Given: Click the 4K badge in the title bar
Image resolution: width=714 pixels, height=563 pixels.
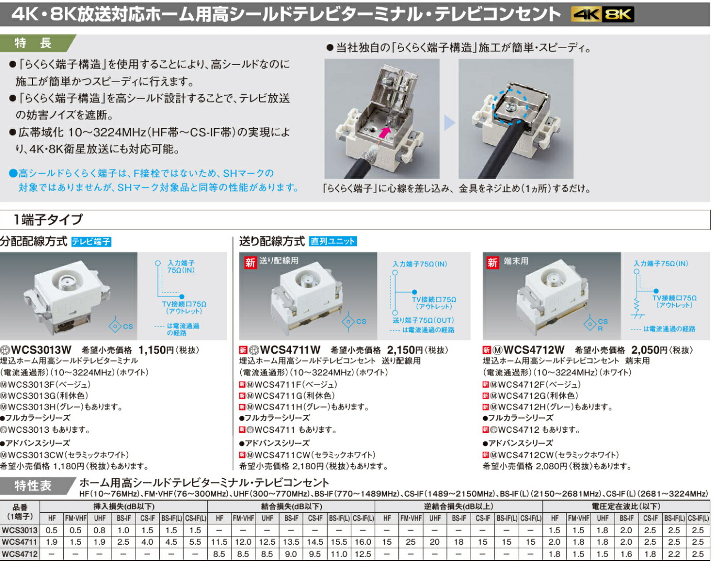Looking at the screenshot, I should click(x=586, y=15).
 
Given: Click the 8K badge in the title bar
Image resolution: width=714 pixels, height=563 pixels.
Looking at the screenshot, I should click(x=618, y=15).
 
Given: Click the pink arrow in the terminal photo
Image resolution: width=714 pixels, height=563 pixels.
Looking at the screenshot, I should click(x=385, y=132).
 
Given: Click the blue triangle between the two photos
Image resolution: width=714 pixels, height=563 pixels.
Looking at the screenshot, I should click(x=449, y=123).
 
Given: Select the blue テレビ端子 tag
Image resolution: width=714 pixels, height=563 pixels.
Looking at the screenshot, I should click(x=91, y=242).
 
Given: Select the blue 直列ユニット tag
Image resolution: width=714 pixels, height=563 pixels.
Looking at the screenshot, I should click(x=332, y=241).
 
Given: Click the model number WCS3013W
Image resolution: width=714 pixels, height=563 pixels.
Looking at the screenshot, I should click(x=41, y=350).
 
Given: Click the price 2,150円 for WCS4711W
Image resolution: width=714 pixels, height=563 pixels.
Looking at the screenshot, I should click(x=404, y=350).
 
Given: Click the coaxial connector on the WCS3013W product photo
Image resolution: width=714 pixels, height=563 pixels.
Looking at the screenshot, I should click(x=68, y=283).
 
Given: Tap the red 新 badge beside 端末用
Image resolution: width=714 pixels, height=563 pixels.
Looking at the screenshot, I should click(x=492, y=262).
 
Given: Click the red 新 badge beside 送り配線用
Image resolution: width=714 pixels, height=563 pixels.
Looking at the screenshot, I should click(x=250, y=262).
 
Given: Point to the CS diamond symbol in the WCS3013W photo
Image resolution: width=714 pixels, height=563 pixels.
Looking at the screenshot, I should click(x=115, y=326).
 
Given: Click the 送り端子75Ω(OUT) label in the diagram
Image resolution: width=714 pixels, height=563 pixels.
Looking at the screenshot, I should click(x=423, y=320).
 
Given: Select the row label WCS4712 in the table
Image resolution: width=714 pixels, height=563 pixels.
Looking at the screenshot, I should click(x=19, y=554).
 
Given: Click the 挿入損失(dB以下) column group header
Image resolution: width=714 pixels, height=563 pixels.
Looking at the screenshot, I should click(x=124, y=506).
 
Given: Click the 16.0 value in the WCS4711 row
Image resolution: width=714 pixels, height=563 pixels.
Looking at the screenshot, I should click(x=363, y=542).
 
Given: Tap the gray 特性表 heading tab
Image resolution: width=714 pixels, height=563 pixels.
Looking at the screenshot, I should click(x=34, y=486).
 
